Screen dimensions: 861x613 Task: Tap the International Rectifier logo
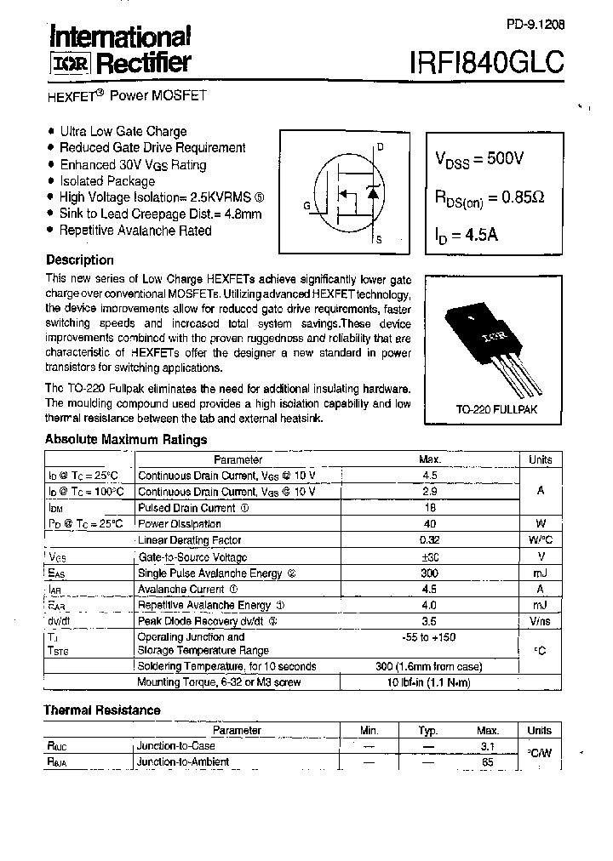[x=118, y=49]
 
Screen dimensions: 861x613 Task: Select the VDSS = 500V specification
[x=480, y=158]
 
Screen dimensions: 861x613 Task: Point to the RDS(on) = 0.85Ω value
[x=490, y=197]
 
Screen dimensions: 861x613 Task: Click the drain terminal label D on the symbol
[x=380, y=146]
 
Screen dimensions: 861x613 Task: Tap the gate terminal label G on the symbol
[x=306, y=206]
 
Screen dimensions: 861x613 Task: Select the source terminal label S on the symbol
[x=379, y=241]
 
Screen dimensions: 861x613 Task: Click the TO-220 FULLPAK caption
[x=497, y=409]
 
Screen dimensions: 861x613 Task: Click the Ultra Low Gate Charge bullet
[x=123, y=131]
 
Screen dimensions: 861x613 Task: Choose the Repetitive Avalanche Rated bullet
[x=135, y=231]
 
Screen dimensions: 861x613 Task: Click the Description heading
[x=79, y=260]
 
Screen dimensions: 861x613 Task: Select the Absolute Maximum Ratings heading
[x=125, y=440]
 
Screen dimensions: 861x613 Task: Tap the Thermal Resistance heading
[x=101, y=710]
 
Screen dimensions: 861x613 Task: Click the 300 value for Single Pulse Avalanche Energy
[x=429, y=573]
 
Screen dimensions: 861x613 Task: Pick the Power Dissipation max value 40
[x=429, y=524]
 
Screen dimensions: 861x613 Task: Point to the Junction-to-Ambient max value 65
[x=488, y=762]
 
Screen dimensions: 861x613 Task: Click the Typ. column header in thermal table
[x=428, y=731]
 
